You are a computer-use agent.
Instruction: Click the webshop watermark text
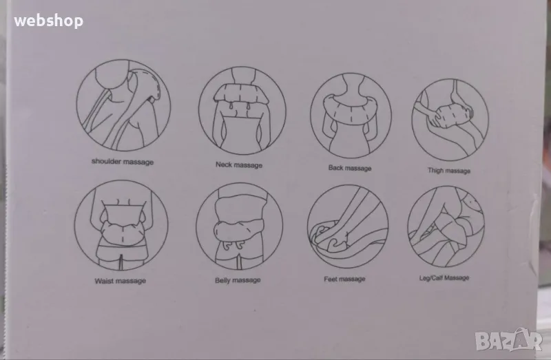48,21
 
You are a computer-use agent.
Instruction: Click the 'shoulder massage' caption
123,162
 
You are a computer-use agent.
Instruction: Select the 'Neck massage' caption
239,165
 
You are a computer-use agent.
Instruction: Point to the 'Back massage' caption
350,168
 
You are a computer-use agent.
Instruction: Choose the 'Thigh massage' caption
449,170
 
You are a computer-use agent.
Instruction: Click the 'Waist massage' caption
120,281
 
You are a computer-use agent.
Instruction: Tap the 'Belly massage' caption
238,280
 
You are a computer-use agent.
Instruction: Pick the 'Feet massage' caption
344,279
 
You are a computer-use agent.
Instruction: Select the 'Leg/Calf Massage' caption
444,278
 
